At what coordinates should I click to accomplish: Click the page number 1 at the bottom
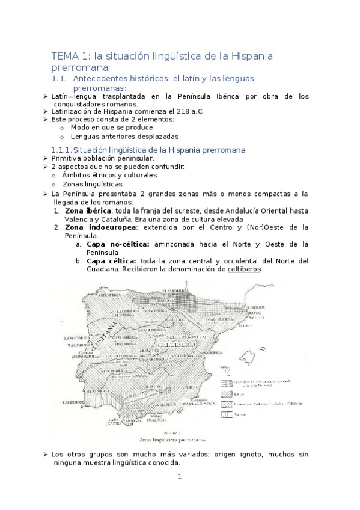click(179, 478)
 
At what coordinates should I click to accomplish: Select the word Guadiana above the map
click(70, 269)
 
